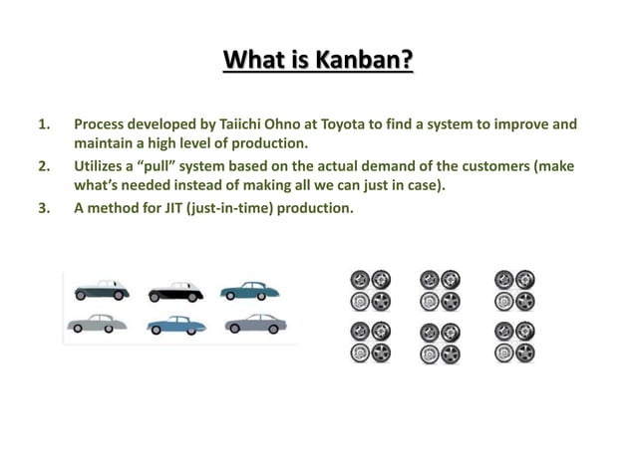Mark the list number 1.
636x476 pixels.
42,125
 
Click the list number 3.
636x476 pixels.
42,208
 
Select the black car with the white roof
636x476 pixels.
177,290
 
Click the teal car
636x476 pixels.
250,289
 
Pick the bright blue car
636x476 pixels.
177,325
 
